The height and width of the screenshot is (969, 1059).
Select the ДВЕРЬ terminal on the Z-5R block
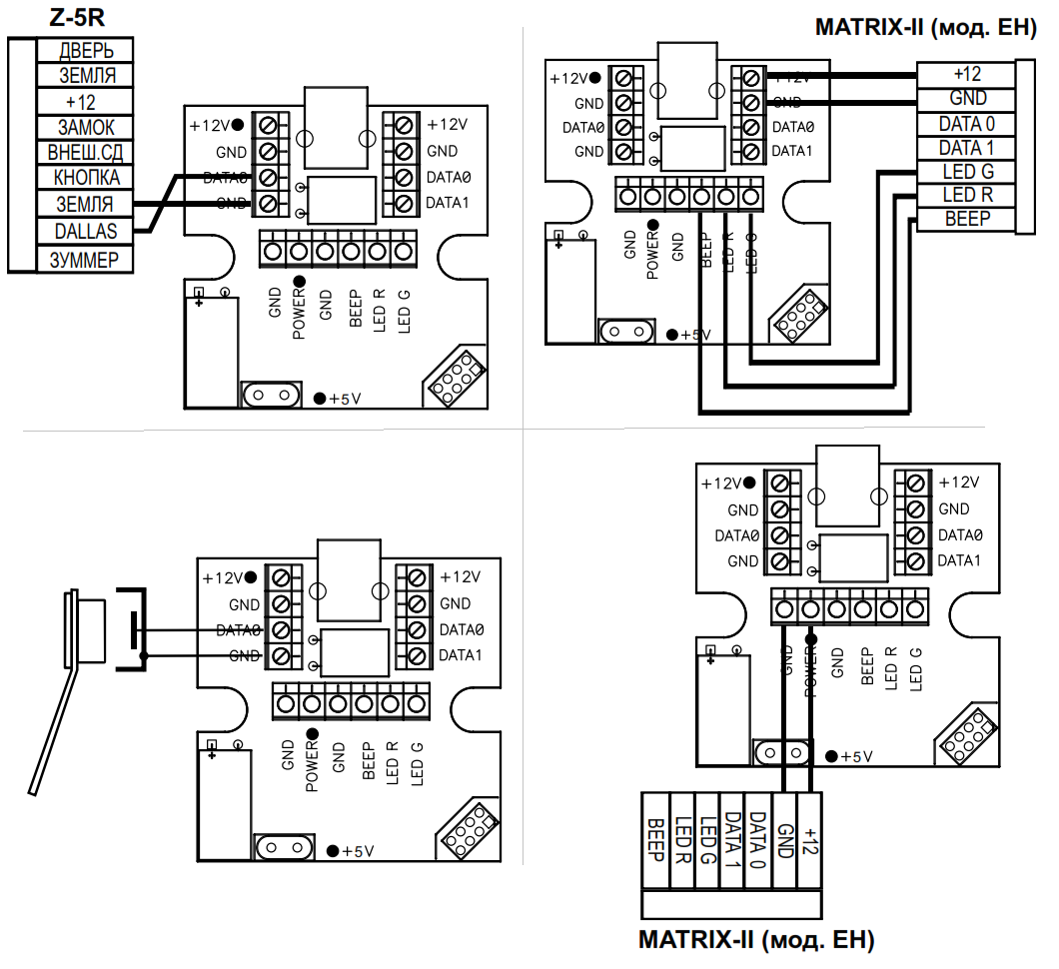coord(86,50)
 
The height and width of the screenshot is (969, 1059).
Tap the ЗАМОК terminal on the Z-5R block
coord(86,128)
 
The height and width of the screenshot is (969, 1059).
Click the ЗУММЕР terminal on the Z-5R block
coord(86,260)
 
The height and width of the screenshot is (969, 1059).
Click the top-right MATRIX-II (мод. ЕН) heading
coord(924,28)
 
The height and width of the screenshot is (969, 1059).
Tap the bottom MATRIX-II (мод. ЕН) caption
coord(756,941)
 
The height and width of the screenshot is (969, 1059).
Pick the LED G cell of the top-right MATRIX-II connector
coord(967,172)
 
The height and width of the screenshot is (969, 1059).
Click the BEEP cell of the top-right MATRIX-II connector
coord(967,220)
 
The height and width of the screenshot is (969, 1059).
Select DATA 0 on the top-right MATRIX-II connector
coord(967,124)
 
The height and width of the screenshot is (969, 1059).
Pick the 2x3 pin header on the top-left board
coord(456,380)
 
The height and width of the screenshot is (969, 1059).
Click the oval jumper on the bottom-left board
coord(281,847)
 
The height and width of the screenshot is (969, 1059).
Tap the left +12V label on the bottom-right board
coord(724,484)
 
